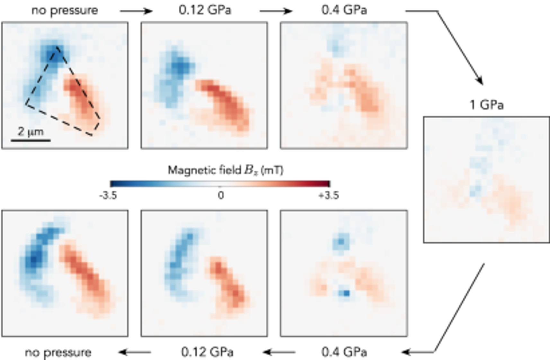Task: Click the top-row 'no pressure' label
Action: tap(65, 10)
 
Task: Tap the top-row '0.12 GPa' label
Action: tap(205, 10)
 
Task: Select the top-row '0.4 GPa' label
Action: tap(344, 10)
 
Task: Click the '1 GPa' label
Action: tap(486, 105)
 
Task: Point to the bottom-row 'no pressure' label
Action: tap(58, 352)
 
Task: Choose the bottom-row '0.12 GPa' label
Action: tap(207, 352)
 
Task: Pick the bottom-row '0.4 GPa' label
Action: tap(344, 352)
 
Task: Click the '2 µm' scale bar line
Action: tap(31, 140)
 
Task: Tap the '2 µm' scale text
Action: tap(31, 132)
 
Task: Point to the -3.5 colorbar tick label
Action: tap(108, 195)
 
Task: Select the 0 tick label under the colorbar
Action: tap(220, 195)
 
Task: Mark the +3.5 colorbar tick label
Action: tap(329, 195)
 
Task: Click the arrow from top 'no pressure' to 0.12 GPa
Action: tap(136, 11)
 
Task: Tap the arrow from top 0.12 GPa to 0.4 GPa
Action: tap(276, 11)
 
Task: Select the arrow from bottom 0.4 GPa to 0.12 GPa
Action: tap(279, 352)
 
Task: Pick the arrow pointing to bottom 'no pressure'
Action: tap(135, 352)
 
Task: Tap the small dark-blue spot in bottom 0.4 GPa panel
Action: tap(346, 293)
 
